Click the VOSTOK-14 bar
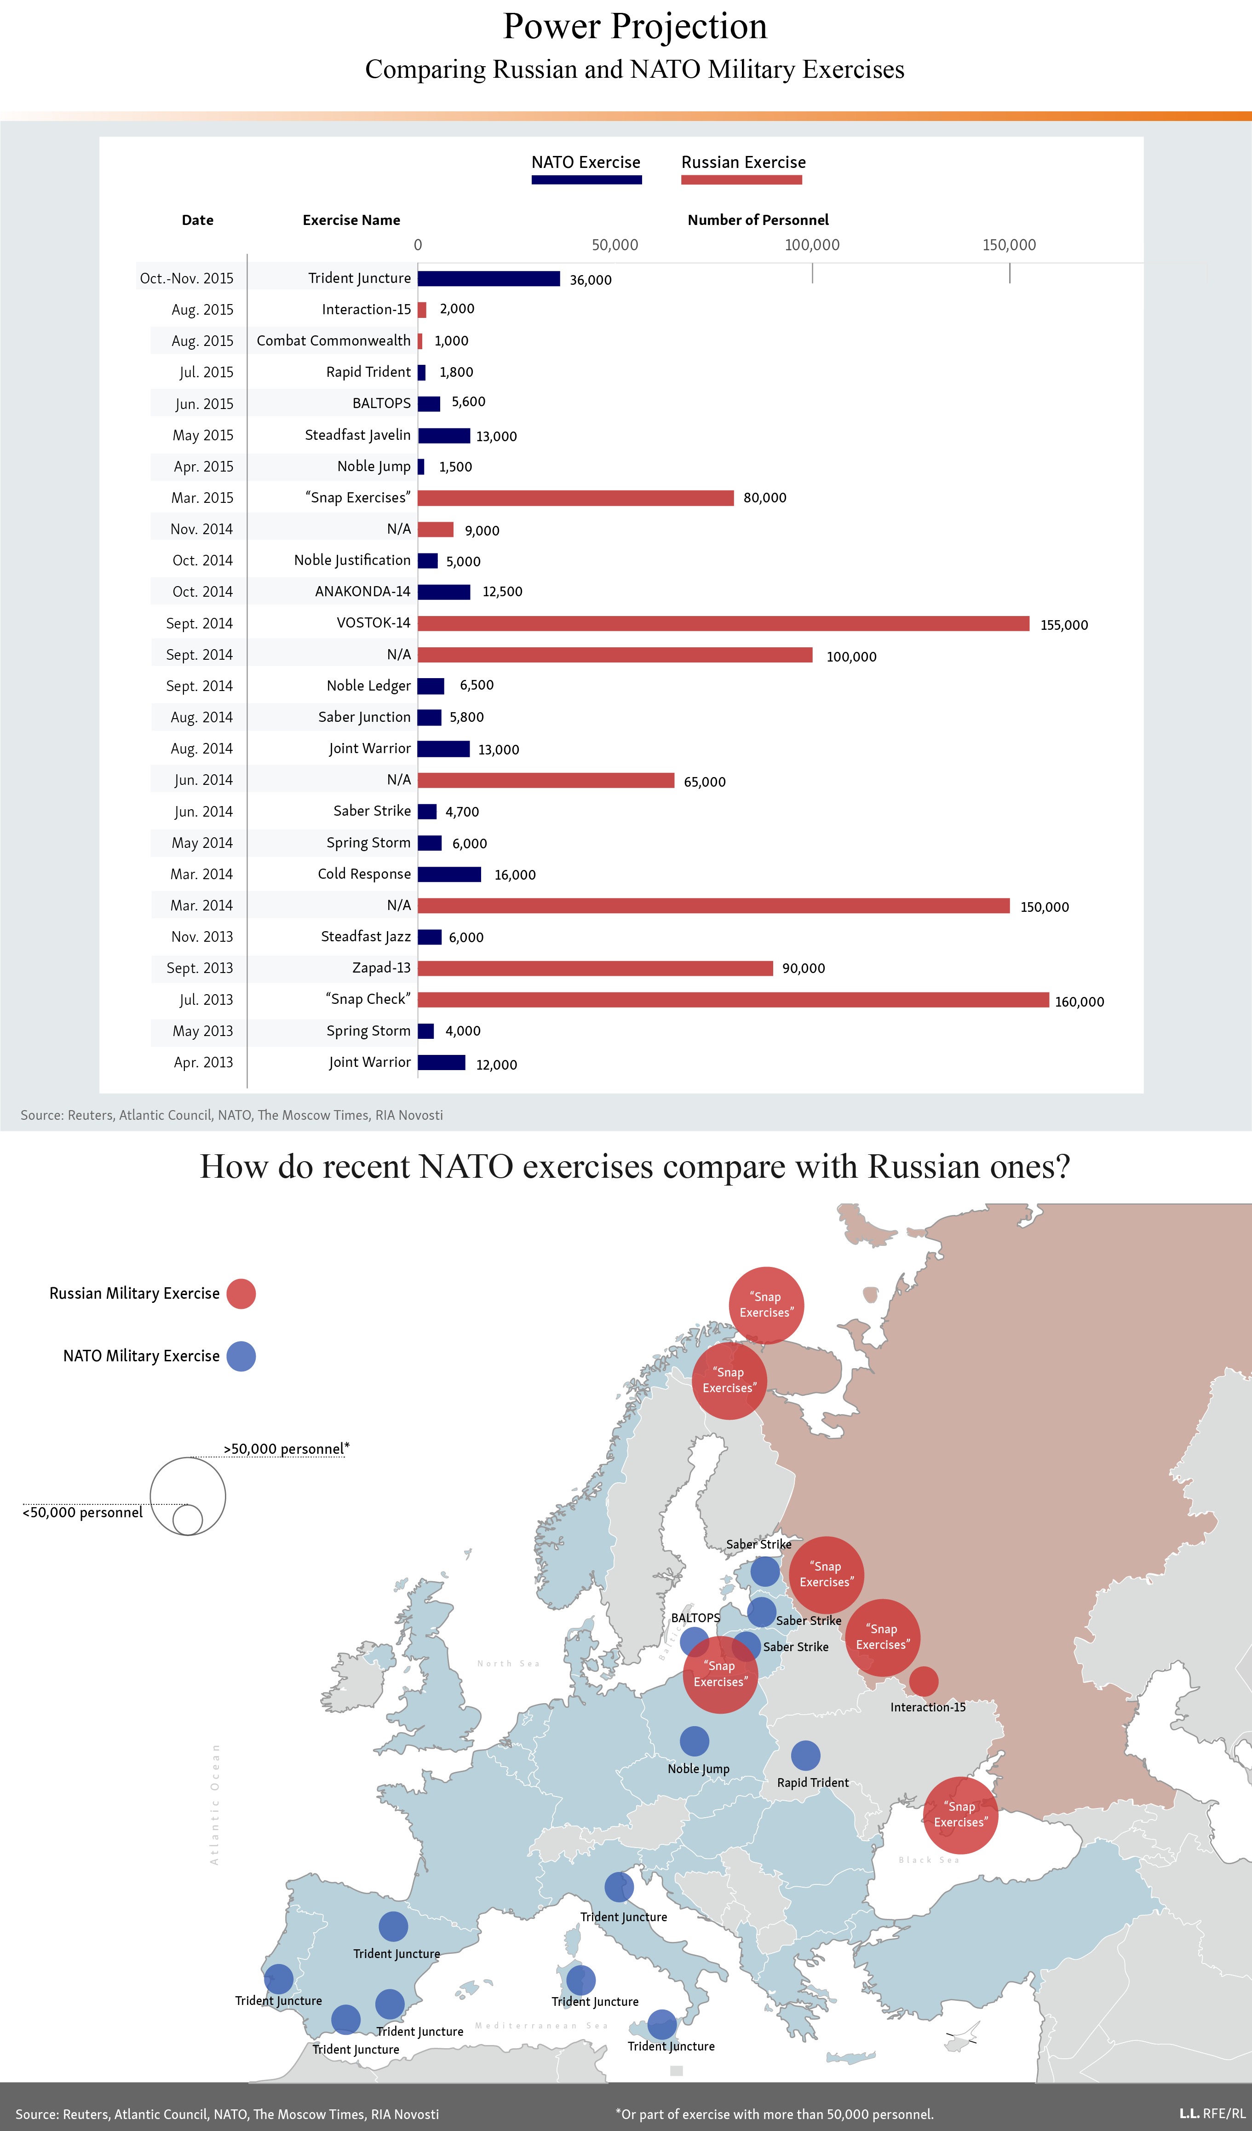[723, 623]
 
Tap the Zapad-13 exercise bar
[595, 968]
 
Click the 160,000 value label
[1079, 1001]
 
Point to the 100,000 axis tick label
[811, 244]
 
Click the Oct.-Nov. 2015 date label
[187, 278]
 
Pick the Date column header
[198, 220]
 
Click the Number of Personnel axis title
[758, 220]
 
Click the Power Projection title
[635, 26]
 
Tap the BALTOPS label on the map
[695, 1618]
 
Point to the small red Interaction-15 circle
[923, 1681]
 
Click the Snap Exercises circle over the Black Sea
[960, 1815]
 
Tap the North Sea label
[508, 1664]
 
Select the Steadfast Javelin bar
[444, 436]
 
